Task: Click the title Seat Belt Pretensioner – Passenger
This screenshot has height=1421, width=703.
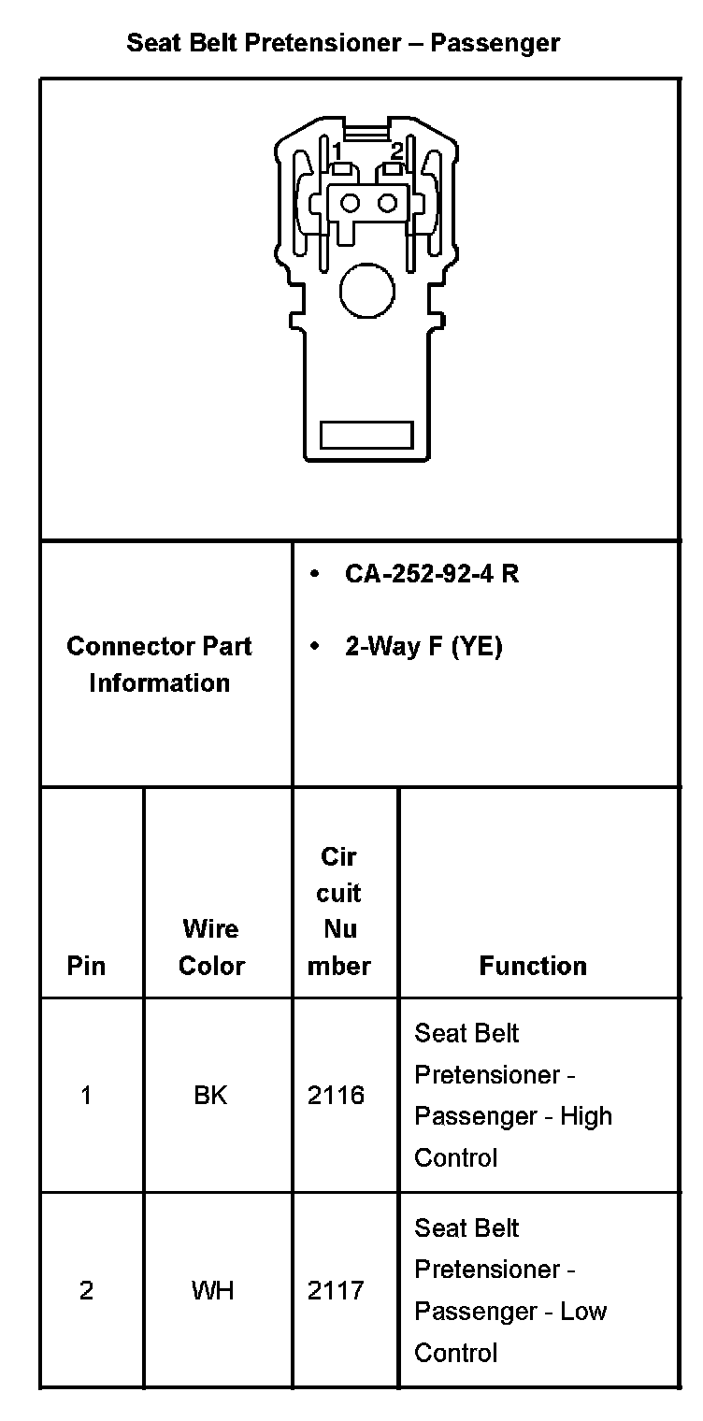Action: click(x=343, y=43)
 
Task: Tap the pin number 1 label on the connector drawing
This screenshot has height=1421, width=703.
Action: click(x=337, y=151)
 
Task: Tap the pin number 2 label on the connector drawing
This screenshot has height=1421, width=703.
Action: click(x=396, y=151)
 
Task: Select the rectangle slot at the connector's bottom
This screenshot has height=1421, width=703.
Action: click(x=366, y=435)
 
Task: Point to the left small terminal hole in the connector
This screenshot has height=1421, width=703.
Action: click(x=351, y=203)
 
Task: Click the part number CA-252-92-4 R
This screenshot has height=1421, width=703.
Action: click(x=431, y=574)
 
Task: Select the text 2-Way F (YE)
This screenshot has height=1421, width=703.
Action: click(x=423, y=647)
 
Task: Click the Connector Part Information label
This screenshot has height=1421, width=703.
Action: click(x=159, y=664)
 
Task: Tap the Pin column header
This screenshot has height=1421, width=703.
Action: click(x=86, y=966)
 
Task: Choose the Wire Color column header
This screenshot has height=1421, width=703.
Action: click(x=211, y=947)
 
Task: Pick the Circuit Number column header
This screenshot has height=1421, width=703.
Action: click(x=338, y=911)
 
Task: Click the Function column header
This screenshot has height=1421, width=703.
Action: click(x=533, y=966)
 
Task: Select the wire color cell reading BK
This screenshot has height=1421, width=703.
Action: click(x=210, y=1096)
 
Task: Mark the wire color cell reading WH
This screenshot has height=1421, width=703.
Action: click(x=212, y=1291)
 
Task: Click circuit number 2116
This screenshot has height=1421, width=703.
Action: click(x=337, y=1096)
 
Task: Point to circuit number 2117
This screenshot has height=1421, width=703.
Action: click(x=337, y=1291)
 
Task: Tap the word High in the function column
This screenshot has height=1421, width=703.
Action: click(x=586, y=1116)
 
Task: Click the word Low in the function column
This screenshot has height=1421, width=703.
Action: click(x=583, y=1312)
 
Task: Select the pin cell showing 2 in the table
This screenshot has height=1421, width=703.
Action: click(x=86, y=1291)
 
